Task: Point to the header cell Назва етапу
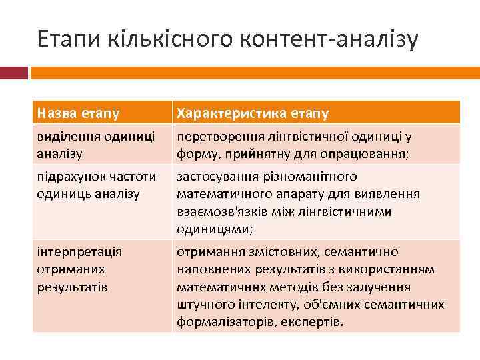pos(78,113)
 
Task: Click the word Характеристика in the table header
pos(223,113)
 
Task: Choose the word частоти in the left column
pos(132,177)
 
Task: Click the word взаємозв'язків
pos(219,211)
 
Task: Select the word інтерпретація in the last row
pos(79,252)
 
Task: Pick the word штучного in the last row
pos(203,305)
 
